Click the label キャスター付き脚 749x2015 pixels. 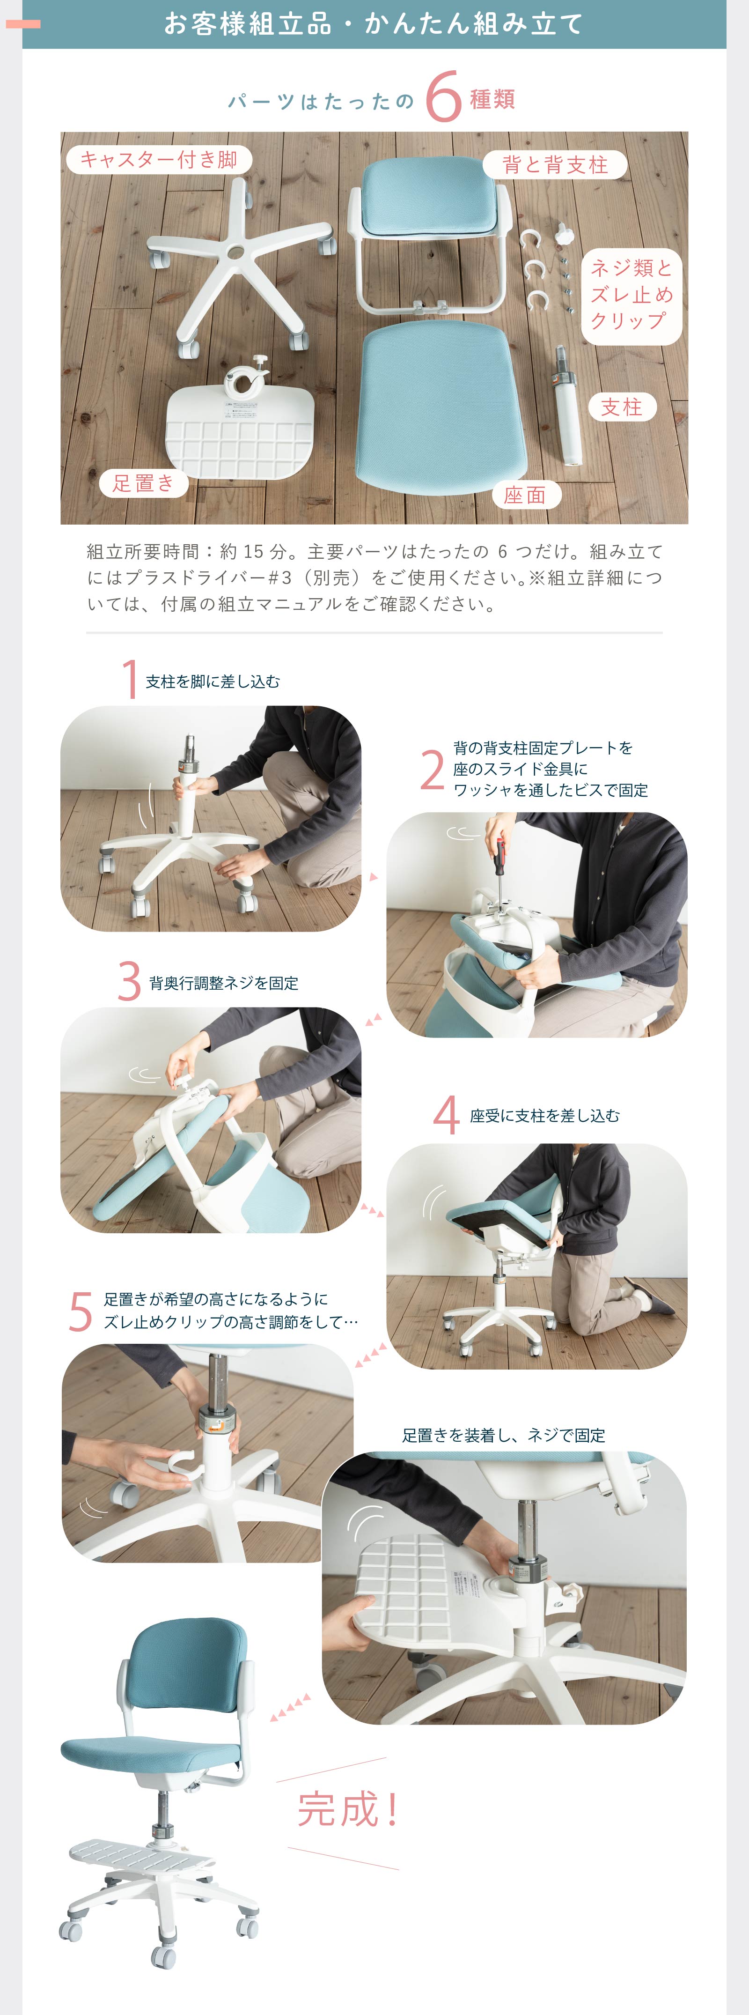(159, 160)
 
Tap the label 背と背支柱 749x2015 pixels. (554, 164)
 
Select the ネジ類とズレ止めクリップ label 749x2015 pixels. (631, 295)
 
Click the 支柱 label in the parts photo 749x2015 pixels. (622, 407)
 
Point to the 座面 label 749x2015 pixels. (525, 494)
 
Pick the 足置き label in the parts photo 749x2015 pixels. (143, 482)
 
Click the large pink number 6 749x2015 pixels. (443, 98)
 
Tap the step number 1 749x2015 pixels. (130, 678)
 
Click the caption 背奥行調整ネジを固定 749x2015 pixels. (224, 983)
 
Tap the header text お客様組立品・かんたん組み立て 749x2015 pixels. (374, 23)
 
